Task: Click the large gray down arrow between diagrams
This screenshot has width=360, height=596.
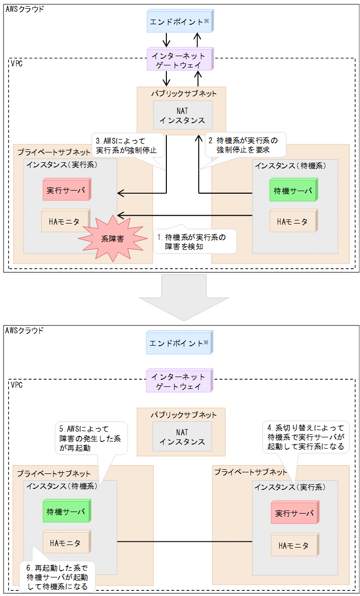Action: (x=180, y=296)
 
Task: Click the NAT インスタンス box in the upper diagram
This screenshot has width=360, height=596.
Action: (x=182, y=115)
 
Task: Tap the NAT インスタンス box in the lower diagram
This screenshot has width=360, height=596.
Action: (x=182, y=436)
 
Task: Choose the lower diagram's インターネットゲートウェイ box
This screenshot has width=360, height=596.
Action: (x=179, y=382)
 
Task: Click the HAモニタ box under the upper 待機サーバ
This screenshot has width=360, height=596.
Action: (x=292, y=222)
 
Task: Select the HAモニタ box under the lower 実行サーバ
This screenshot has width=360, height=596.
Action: (x=294, y=545)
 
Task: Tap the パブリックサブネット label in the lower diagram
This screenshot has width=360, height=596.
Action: (x=183, y=415)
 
